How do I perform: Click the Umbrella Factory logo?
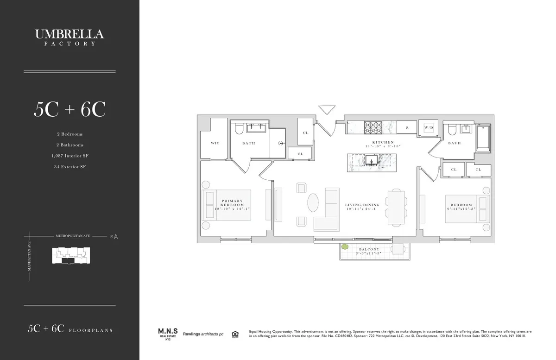click(x=69, y=37)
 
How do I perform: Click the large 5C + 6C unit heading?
click(x=69, y=109)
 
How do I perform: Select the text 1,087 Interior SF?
click(x=69, y=156)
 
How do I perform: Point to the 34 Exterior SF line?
click(x=69, y=166)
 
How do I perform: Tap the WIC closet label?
click(x=215, y=143)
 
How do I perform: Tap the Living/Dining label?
click(x=362, y=207)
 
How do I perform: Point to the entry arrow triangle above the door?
click(x=327, y=110)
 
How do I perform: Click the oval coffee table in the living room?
click(x=314, y=203)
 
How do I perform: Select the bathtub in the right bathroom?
click(x=484, y=138)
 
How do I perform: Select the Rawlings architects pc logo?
click(x=203, y=334)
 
